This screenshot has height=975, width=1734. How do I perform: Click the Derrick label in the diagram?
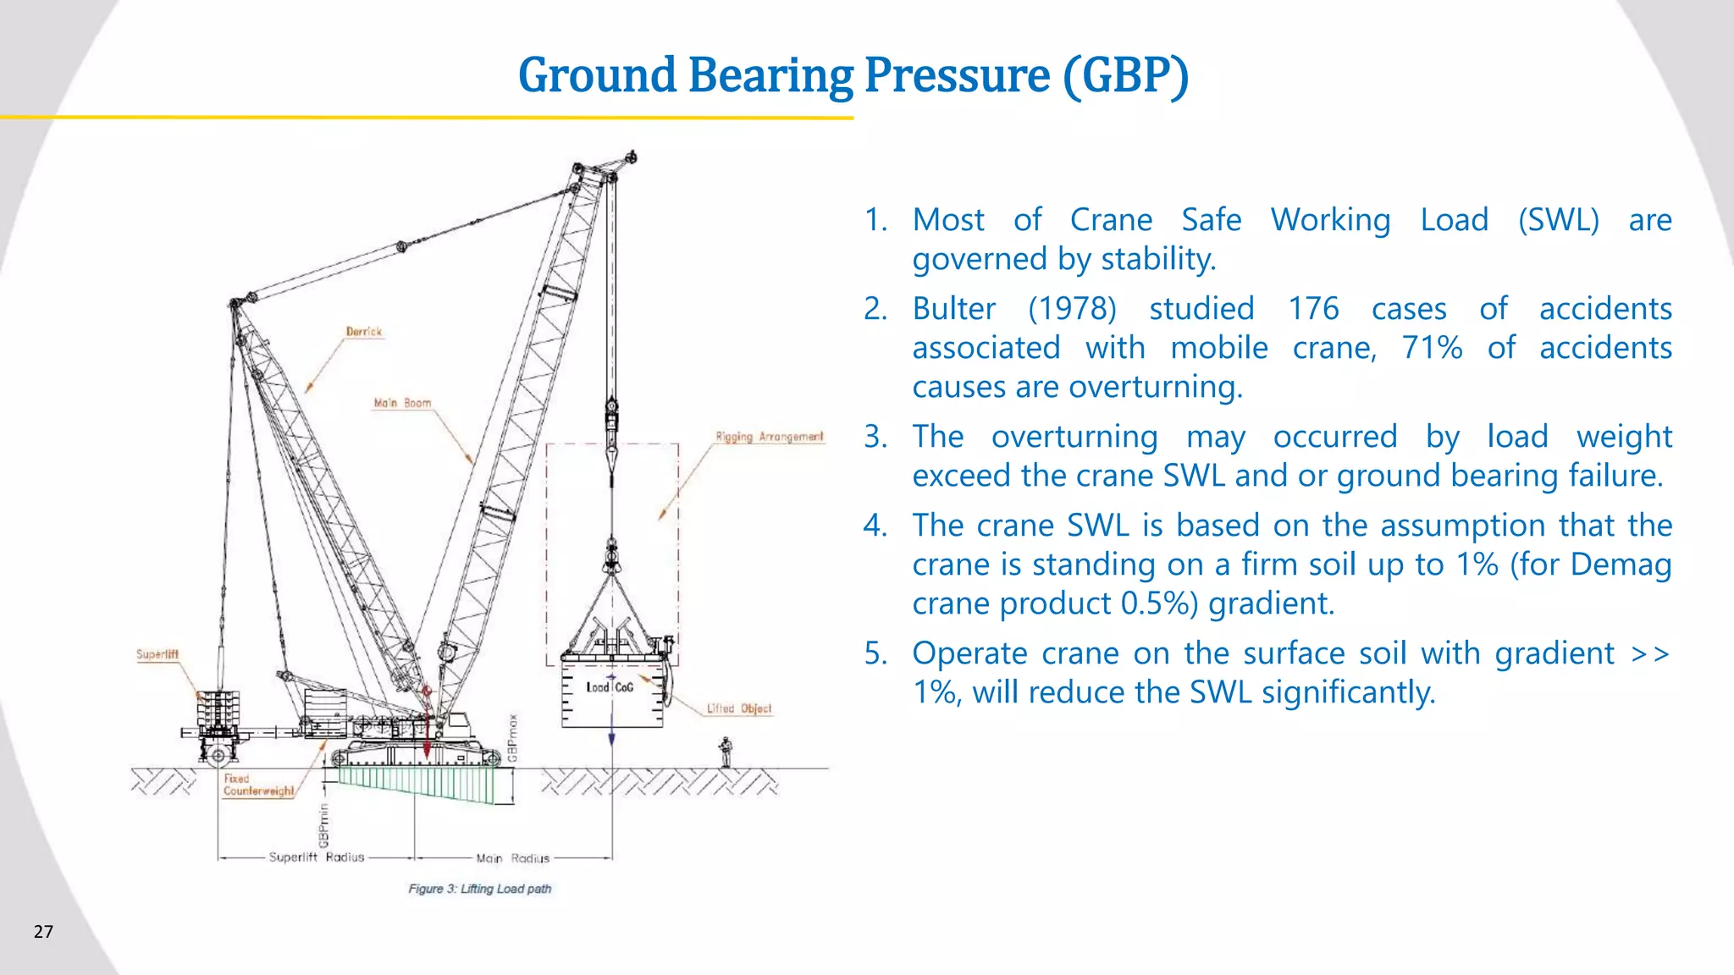(x=364, y=332)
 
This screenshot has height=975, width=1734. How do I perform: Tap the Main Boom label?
(x=402, y=403)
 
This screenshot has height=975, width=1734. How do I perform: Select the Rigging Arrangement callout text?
(x=769, y=437)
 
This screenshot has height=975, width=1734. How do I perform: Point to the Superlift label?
(x=157, y=654)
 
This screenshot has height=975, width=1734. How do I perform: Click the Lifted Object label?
(x=739, y=708)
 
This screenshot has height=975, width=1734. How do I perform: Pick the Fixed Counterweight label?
(x=258, y=785)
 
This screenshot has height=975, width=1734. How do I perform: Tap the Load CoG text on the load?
(x=610, y=687)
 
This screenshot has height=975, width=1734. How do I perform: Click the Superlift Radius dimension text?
(x=316, y=857)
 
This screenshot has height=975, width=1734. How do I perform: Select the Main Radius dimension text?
(x=512, y=858)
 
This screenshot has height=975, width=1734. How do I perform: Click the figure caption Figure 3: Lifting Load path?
(x=479, y=889)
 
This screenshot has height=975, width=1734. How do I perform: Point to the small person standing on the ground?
(x=725, y=752)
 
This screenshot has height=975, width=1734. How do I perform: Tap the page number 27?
(x=43, y=932)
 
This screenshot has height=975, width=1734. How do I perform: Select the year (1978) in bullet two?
(x=1072, y=309)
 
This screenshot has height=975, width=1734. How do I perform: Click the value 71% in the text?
(x=1432, y=348)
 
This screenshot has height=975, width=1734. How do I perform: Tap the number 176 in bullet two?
(x=1313, y=309)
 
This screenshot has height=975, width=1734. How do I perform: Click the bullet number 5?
(x=875, y=653)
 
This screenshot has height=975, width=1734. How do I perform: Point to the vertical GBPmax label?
(x=513, y=738)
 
